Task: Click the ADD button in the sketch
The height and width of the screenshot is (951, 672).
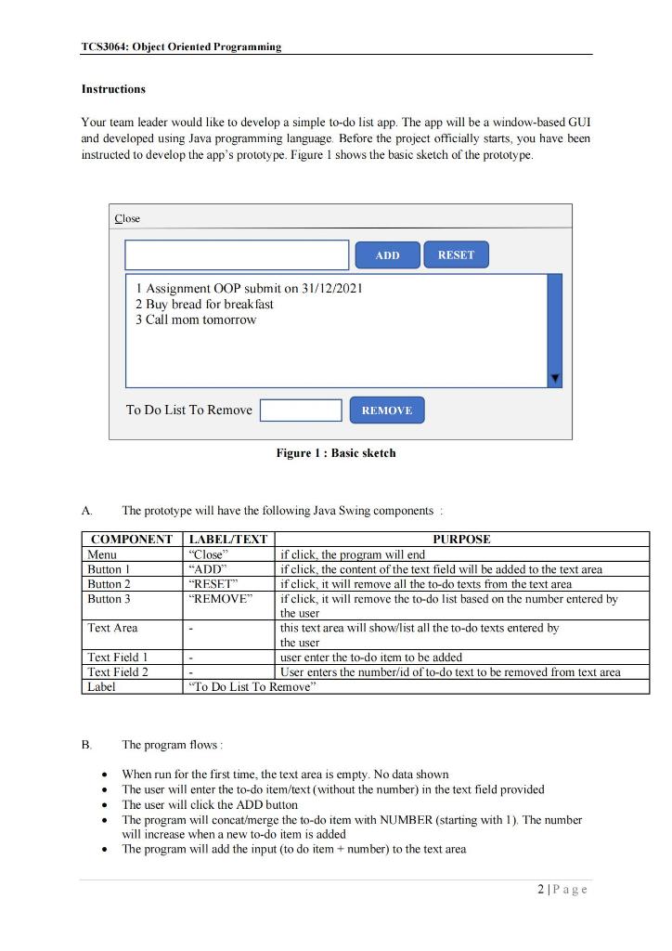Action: pos(388,255)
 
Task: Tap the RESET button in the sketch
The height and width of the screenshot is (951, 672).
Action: pos(456,254)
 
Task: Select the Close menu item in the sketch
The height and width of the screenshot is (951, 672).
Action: pos(127,219)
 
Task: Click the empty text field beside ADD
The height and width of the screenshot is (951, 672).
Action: pos(237,255)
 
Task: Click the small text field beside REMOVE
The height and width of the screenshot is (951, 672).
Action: pos(301,410)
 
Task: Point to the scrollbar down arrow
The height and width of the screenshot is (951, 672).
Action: pos(555,378)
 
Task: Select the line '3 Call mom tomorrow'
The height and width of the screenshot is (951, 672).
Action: pos(196,319)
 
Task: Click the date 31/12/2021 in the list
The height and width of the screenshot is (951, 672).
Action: pos(332,288)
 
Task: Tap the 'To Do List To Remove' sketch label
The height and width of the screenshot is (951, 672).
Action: pos(189,410)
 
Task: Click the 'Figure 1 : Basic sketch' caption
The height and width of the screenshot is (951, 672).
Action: pos(336,453)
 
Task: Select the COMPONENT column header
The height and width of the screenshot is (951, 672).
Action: pos(132,540)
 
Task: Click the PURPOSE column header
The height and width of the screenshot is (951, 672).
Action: pos(461,540)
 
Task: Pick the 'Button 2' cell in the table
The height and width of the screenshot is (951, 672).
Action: pos(110,584)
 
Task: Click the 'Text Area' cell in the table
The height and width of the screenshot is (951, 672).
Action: pos(112,628)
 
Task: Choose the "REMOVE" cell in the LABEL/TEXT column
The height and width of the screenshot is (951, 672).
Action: pos(220,599)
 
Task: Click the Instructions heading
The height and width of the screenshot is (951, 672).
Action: pos(113,89)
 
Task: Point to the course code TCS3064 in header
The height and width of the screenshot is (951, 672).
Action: pos(105,46)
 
